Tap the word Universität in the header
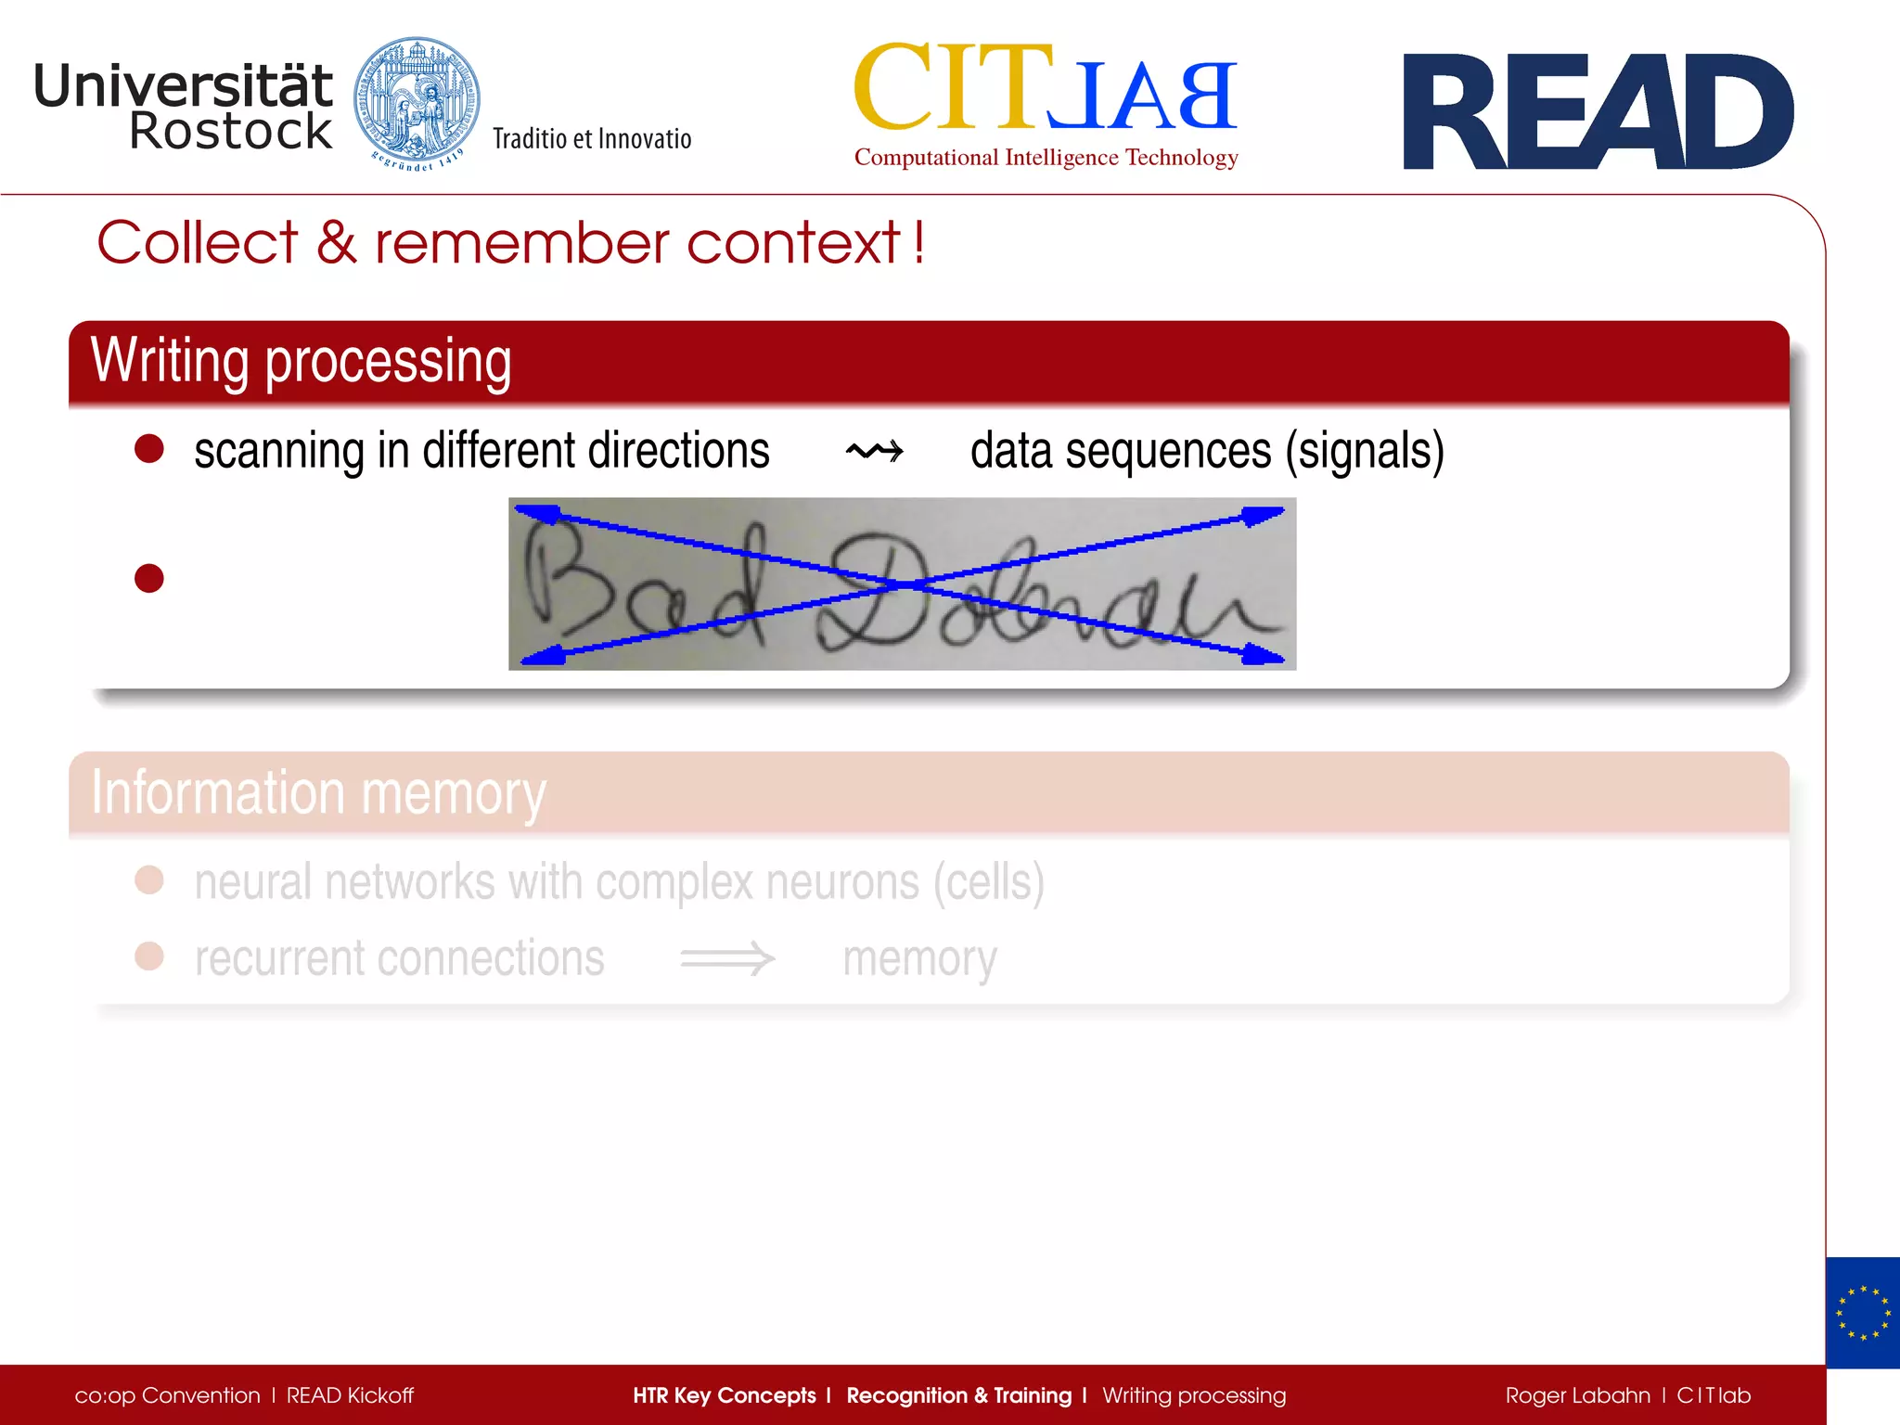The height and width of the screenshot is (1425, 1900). click(x=183, y=85)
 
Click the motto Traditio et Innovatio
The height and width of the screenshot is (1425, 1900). click(x=592, y=139)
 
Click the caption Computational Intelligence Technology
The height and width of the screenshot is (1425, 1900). click(x=1046, y=158)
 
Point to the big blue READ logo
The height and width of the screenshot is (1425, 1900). click(x=1597, y=112)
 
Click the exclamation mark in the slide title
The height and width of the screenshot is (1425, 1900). click(x=918, y=242)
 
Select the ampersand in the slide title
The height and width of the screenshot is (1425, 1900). click(x=336, y=243)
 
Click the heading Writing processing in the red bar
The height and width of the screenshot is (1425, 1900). click(x=301, y=361)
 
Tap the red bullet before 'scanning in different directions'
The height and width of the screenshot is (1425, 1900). click(x=149, y=449)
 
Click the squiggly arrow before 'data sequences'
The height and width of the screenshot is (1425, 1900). click(x=874, y=452)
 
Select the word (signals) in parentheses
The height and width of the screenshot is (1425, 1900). click(x=1364, y=452)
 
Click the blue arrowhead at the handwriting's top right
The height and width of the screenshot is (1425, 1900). click(x=1264, y=515)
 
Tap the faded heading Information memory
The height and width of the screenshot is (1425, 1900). click(x=318, y=792)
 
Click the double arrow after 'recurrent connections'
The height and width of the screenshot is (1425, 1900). click(x=727, y=958)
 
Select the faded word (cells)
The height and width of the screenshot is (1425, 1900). click(x=989, y=881)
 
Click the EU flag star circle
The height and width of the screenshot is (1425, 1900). click(x=1863, y=1313)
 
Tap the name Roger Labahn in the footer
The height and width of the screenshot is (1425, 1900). click(x=1577, y=1395)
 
